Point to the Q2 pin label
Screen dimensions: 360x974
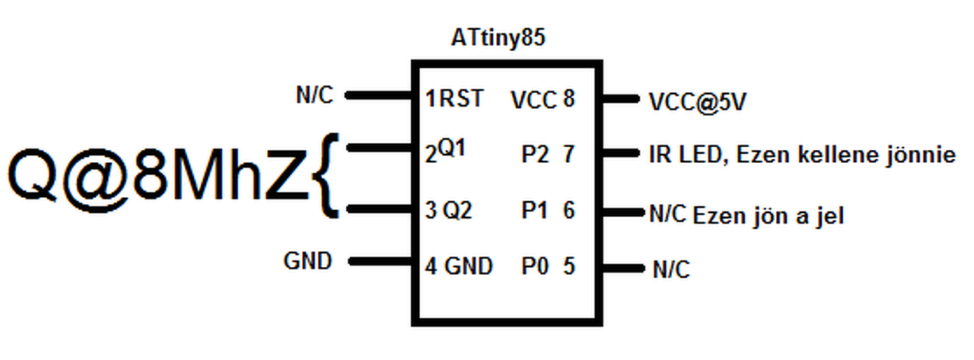(x=457, y=209)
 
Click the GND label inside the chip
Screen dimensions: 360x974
(x=468, y=266)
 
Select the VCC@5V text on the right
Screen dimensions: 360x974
(x=695, y=101)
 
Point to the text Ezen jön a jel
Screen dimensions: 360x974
(x=769, y=216)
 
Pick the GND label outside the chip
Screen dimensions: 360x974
(x=307, y=261)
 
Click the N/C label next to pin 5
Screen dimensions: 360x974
(x=670, y=269)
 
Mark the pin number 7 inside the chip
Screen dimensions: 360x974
(x=568, y=155)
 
